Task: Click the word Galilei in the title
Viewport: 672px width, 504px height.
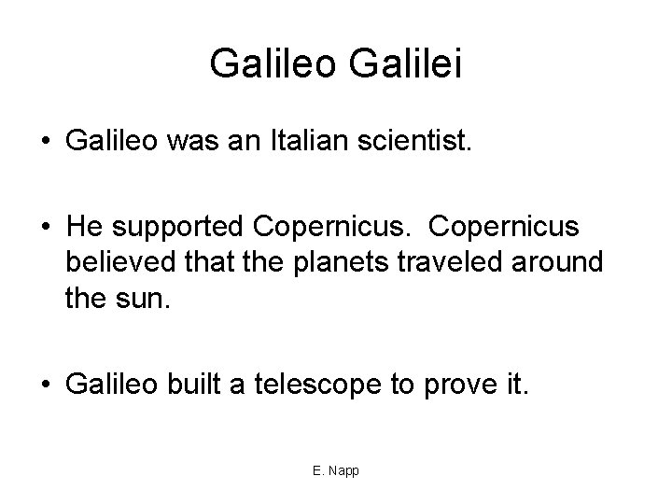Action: (406, 63)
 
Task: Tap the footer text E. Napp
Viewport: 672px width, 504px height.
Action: (336, 471)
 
